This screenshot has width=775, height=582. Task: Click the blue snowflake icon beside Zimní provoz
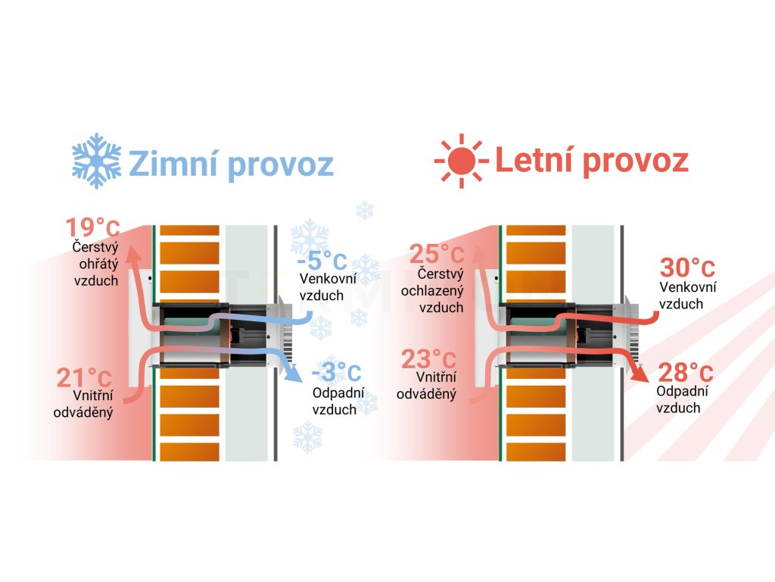click(96, 161)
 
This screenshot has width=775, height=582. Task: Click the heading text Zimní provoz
click(230, 162)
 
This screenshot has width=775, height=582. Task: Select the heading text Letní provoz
click(591, 161)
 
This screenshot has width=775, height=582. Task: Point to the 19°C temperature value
click(92, 228)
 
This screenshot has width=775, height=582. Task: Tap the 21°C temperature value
click(85, 377)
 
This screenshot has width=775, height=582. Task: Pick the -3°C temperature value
click(336, 373)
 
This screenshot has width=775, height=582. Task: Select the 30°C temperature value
click(687, 268)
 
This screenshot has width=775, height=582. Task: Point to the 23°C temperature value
click(429, 358)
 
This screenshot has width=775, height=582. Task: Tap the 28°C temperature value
click(684, 373)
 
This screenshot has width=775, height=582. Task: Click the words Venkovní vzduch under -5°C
click(322, 289)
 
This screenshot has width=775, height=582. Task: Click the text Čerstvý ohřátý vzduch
click(95, 263)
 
